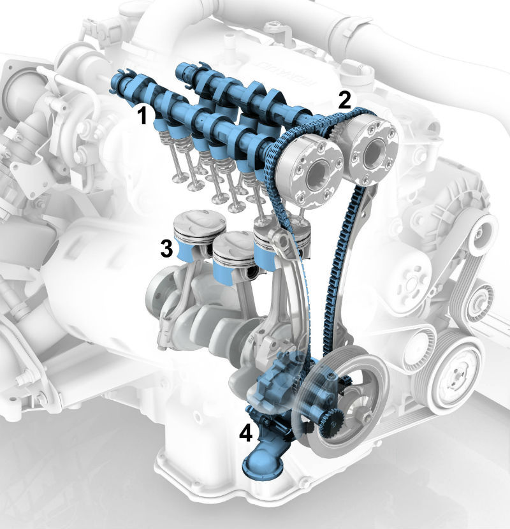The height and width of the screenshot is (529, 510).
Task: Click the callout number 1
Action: [143, 116]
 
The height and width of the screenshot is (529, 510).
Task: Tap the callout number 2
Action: [344, 100]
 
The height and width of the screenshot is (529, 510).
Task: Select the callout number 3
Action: [166, 249]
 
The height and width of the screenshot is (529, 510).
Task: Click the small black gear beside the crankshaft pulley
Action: [331, 423]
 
